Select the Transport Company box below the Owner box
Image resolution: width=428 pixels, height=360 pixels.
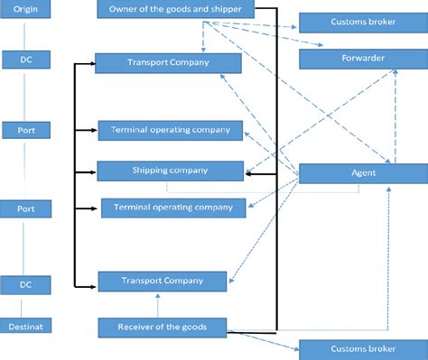(x=168, y=63)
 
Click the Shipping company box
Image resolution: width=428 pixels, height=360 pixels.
(x=170, y=170)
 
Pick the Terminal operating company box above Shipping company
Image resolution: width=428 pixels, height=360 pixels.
(x=172, y=130)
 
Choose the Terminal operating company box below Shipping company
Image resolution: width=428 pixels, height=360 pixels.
(x=172, y=208)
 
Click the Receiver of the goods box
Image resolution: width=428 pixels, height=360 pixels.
(x=163, y=327)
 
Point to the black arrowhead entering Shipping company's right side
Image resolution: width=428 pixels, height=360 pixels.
(x=248, y=174)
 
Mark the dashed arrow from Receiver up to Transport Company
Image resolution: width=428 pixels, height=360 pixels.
(x=157, y=305)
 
